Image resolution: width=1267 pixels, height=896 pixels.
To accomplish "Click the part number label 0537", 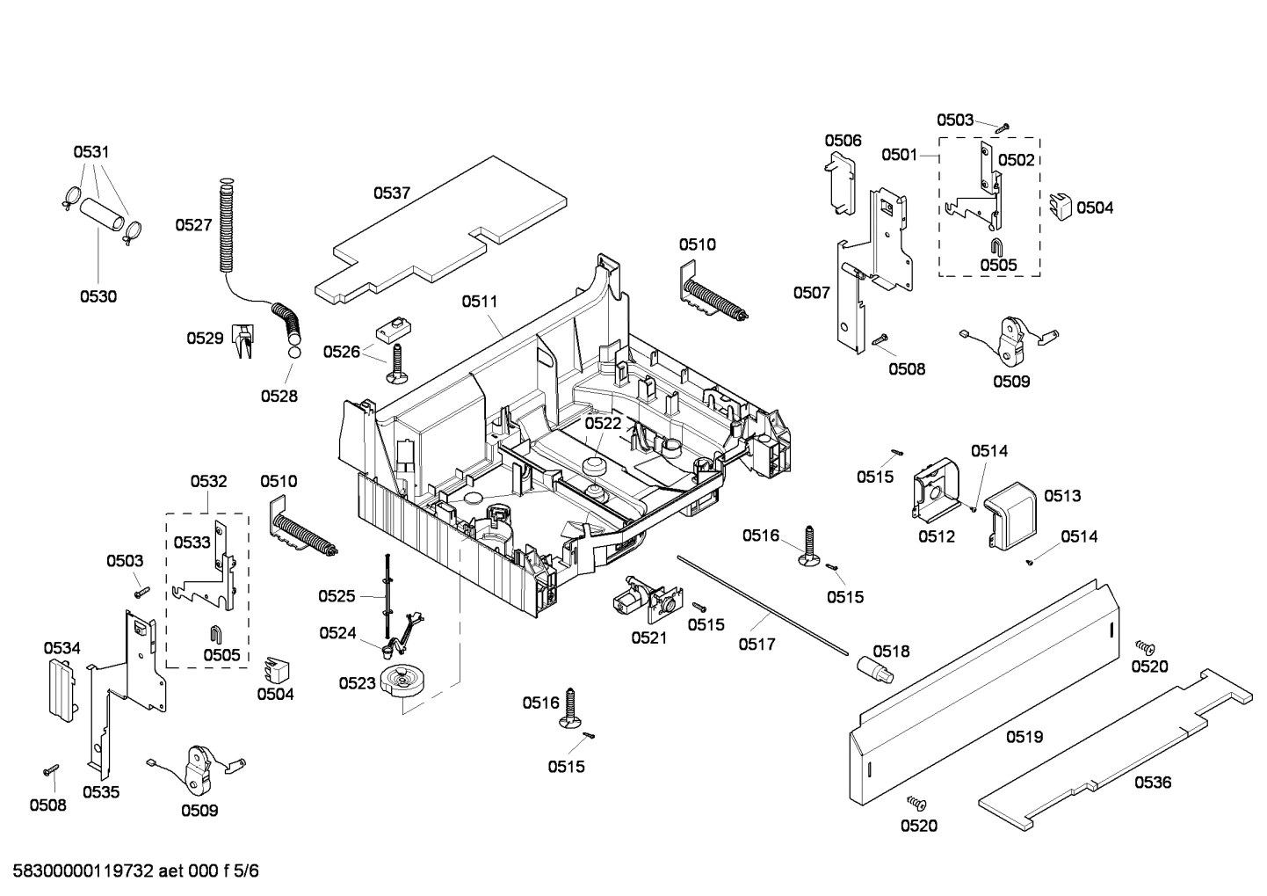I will tap(392, 193).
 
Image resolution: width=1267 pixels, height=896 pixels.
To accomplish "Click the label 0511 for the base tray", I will tap(480, 301).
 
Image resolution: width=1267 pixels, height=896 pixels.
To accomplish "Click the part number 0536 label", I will tap(1152, 782).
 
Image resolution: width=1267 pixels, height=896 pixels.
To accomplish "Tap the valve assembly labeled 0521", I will tap(638, 601).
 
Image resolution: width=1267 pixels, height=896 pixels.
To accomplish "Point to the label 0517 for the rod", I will tap(757, 644).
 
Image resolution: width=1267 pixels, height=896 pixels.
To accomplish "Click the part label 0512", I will tap(937, 536).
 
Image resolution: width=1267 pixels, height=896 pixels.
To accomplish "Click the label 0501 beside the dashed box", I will tap(900, 155).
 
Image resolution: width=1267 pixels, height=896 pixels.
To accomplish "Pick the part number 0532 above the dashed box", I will tap(208, 481).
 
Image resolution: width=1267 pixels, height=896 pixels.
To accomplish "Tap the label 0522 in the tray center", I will tap(603, 423).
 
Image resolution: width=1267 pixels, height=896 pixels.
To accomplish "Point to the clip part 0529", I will tap(242, 339).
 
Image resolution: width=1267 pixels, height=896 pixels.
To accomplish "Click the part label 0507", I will tap(811, 292).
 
